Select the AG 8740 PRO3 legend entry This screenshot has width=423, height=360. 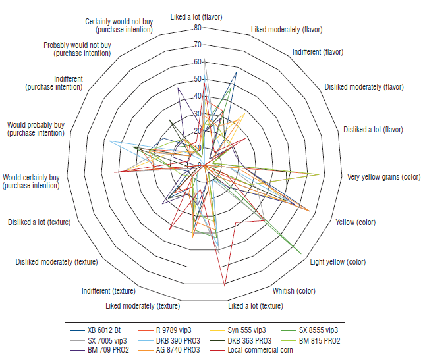click(176, 350)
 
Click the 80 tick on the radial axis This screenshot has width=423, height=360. click(198, 28)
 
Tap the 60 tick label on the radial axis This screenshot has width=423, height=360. click(198, 62)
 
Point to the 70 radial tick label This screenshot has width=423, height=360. click(198, 45)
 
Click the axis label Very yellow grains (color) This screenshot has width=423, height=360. click(383, 177)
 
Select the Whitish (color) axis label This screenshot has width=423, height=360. click(294, 290)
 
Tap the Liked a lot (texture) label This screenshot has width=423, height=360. click(256, 305)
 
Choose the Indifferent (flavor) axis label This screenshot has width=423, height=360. click(318, 51)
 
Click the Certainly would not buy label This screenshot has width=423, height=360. click(119, 26)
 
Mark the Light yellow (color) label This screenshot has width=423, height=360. click(338, 262)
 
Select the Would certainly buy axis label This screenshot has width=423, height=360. click(31, 181)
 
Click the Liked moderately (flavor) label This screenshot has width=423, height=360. click(287, 30)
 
